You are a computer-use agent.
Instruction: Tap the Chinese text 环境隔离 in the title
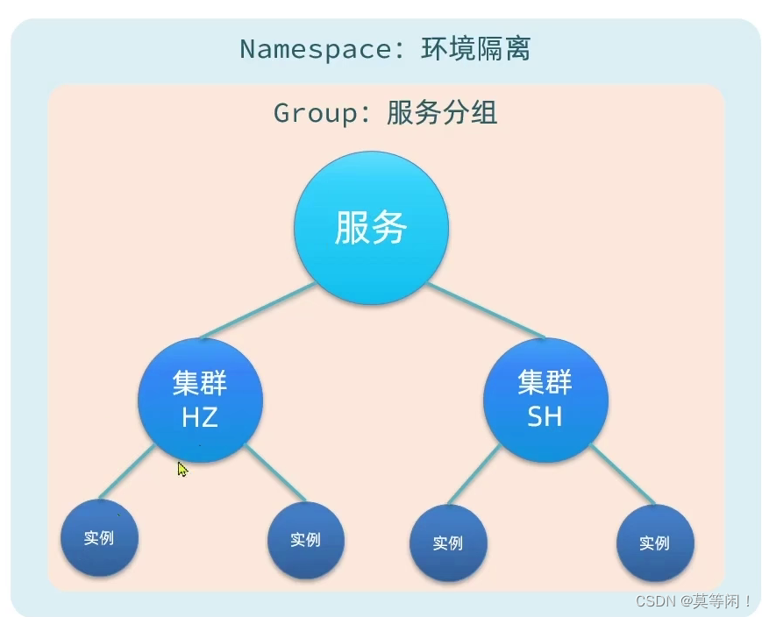[476, 48]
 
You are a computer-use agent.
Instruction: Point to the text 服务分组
[442, 113]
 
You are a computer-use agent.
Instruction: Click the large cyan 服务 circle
[371, 229]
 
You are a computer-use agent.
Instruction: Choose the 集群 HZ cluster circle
[200, 401]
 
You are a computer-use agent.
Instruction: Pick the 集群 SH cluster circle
[545, 401]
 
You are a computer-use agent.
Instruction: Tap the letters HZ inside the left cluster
[200, 417]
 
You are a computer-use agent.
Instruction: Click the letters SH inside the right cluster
[545, 417]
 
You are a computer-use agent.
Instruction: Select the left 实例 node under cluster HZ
[99, 537]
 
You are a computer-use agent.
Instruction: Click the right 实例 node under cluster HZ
[305, 540]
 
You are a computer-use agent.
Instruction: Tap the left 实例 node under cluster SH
[447, 543]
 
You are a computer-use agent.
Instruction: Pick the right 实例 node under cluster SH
[654, 543]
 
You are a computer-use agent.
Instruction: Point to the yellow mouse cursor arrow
[182, 469]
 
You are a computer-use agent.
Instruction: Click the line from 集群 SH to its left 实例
[474, 475]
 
